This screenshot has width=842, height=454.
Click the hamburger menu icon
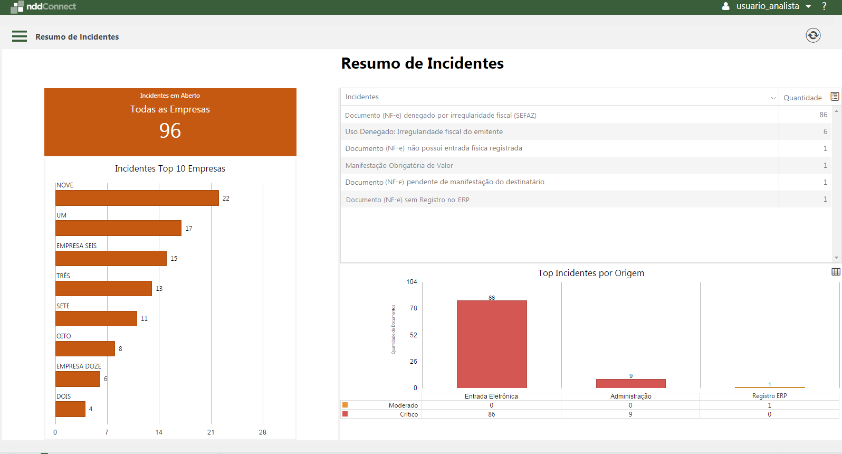pos(20,36)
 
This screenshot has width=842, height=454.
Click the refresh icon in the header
pos(813,35)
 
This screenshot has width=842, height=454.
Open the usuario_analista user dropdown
pos(768,6)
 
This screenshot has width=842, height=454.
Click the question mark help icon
pos(824,6)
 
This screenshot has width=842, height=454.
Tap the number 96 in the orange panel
pos(170,130)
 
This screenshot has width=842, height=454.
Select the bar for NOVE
pos(137,198)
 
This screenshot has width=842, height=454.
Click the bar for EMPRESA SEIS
pos(111,259)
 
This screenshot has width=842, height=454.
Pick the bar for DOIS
pos(70,409)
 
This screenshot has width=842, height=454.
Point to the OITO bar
pos(85,349)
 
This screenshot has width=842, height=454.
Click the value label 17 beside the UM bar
pos(189,229)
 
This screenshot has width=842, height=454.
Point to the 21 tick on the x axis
pos(211,432)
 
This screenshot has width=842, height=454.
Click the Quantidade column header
pos(802,98)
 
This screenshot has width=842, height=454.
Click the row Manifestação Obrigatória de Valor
pos(399,166)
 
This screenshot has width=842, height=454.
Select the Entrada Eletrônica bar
pos(492,344)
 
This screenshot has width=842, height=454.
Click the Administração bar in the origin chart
pos(630,383)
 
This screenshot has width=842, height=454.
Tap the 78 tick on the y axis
pos(413,308)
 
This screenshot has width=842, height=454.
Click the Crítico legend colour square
pos(345,414)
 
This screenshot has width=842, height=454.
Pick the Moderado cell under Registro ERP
pos(769,405)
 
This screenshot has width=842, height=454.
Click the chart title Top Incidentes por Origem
pos(591,273)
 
